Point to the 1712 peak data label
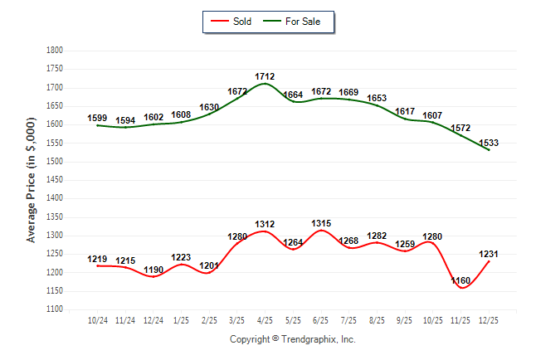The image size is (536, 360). click(266, 76)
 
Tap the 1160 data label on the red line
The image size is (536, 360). click(461, 281)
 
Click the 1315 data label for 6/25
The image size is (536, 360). click(321, 223)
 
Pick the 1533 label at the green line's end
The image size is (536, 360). click(489, 143)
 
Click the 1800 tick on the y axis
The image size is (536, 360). click(54, 51)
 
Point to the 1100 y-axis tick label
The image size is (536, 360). click(54, 309)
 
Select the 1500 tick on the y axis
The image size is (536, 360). click(54, 162)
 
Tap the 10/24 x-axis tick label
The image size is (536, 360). click(98, 319)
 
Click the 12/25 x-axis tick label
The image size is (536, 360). click(489, 319)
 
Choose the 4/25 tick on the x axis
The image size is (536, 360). click(266, 319)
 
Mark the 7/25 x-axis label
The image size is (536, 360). click(349, 319)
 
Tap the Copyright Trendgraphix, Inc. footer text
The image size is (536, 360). click(292, 339)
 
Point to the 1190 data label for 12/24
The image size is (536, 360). click(153, 270)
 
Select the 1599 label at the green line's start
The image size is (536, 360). click(98, 119)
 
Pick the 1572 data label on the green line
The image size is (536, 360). click(461, 129)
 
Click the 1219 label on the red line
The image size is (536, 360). click(98, 259)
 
